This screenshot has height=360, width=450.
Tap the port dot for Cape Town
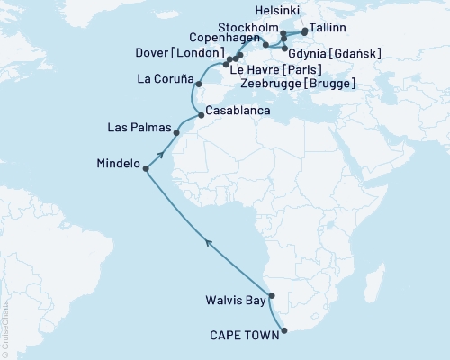pos(284,330)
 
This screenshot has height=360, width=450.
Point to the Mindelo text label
pos(117,165)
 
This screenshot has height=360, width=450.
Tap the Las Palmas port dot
pos(176,133)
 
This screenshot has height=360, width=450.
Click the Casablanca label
pos(235,110)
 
